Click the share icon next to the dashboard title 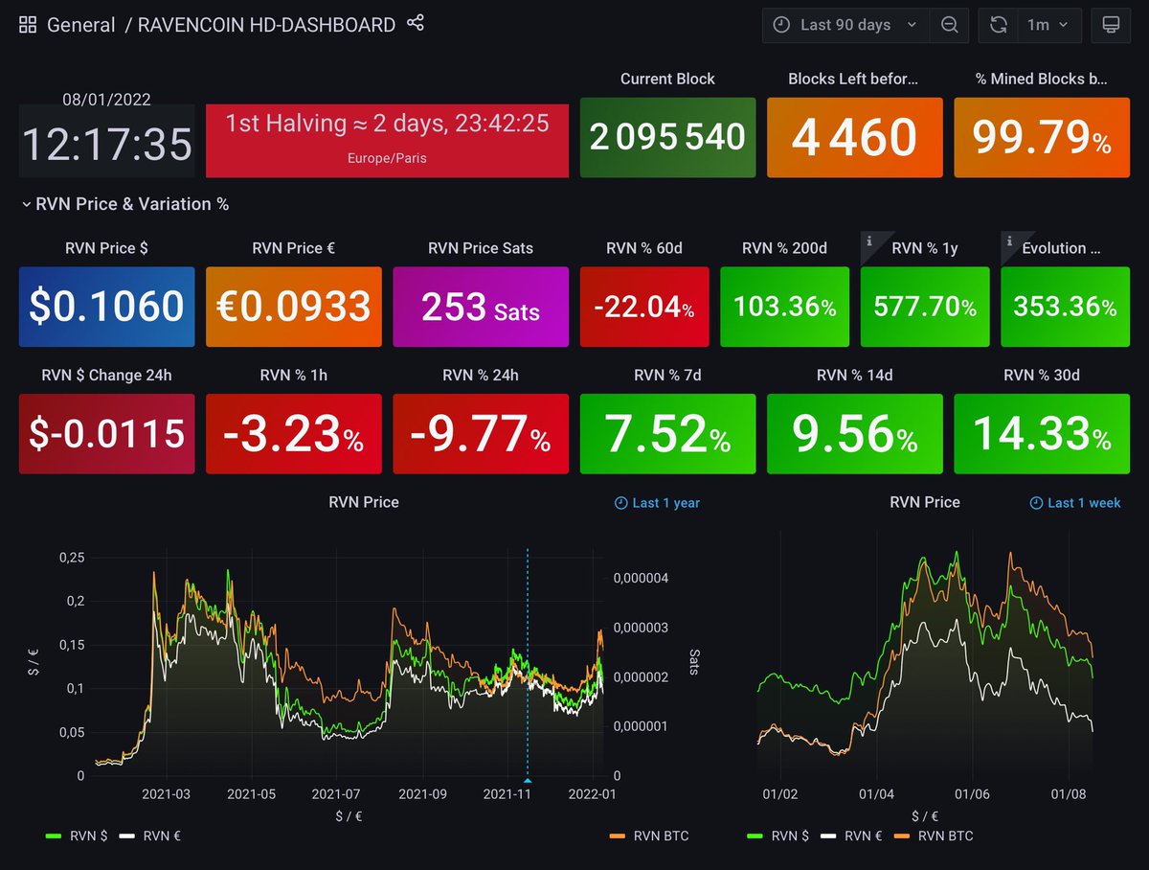click(415, 24)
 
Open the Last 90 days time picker click(845, 25)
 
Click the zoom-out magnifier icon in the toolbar click(949, 25)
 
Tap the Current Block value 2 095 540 click(667, 138)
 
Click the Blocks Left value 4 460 click(853, 138)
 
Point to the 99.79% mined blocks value click(1042, 138)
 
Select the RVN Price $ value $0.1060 click(106, 307)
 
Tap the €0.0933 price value click(293, 307)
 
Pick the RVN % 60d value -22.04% click(644, 308)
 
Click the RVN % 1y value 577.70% click(924, 308)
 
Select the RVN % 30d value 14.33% click(1042, 434)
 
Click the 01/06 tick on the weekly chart click(971, 794)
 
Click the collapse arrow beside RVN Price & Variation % click(27, 204)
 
